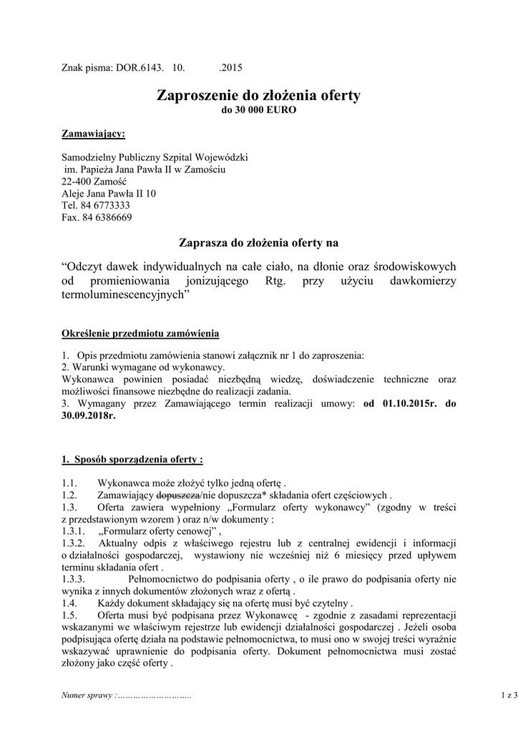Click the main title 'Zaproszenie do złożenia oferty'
pos(258,96)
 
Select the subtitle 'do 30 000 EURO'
pos(258,111)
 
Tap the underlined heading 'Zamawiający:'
pos(93,134)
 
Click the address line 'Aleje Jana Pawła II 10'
pos(109,193)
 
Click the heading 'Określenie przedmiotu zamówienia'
pos(141,334)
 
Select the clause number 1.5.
pos(69,616)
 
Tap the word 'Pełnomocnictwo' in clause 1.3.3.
pos(163,580)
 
